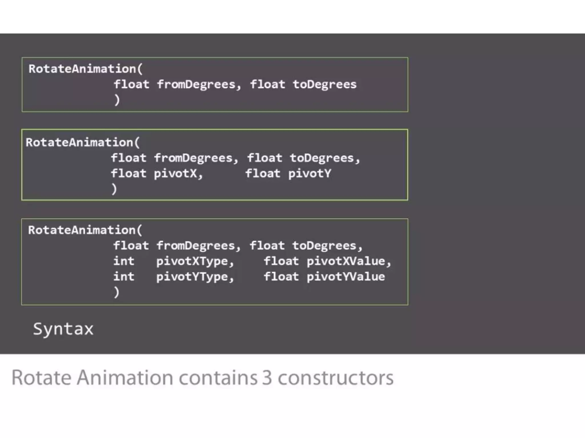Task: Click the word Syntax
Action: coord(63,329)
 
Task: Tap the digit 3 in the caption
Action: coord(267,378)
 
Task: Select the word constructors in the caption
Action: coord(336,378)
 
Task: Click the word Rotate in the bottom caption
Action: coord(41,378)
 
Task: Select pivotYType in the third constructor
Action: coord(195,277)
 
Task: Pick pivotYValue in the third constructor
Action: coord(346,277)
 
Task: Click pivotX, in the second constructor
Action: coord(178,174)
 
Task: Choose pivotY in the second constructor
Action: coord(310,174)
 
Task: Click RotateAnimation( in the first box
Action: coord(85,69)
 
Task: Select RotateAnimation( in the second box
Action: coord(83,143)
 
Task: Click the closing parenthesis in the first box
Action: coord(117,100)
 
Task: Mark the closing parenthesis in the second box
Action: coord(114,189)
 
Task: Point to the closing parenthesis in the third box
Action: coord(116,292)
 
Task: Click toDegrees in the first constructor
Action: coord(324,85)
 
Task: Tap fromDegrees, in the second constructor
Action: coord(196,158)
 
